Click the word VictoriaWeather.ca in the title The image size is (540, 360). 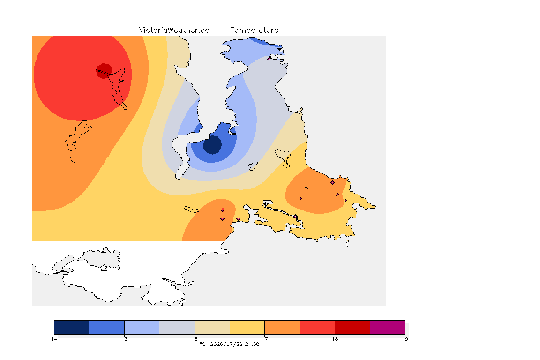174,30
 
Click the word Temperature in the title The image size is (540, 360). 254,30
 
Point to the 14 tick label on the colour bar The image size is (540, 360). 54,339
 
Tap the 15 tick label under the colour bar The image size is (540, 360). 124,339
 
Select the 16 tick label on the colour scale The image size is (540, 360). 195,339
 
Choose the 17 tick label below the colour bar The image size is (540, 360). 264,339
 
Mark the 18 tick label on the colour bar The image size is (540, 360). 335,339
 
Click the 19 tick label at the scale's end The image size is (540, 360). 405,339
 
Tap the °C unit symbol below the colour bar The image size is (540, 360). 202,344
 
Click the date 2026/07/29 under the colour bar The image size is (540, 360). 226,344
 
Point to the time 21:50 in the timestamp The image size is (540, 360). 252,344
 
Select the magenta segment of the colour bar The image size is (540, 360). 388,327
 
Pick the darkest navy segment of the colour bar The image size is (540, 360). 72,327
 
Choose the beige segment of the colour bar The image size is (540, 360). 212,327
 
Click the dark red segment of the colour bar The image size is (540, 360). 352,327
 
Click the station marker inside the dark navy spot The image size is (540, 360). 212,149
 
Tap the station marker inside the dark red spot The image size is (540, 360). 108,69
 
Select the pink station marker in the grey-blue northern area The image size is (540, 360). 270,59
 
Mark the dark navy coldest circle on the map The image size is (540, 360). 212,145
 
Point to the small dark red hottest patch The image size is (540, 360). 104,71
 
